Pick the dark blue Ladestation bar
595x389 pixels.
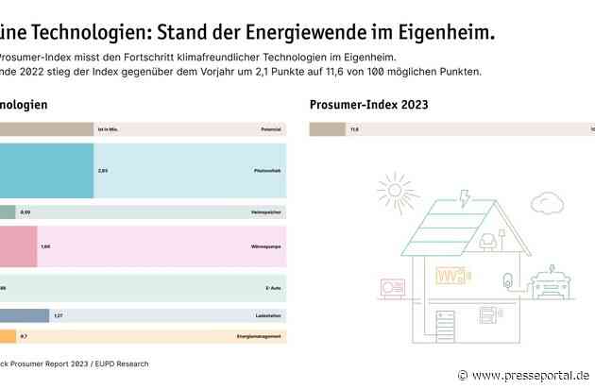(x=25, y=315)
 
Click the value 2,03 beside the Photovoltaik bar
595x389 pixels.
(x=103, y=171)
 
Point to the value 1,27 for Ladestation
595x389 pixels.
(x=59, y=315)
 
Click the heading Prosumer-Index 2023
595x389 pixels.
(x=362, y=104)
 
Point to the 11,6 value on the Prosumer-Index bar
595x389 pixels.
(x=354, y=127)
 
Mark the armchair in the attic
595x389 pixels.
(x=490, y=242)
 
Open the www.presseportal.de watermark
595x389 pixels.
(x=529, y=375)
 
